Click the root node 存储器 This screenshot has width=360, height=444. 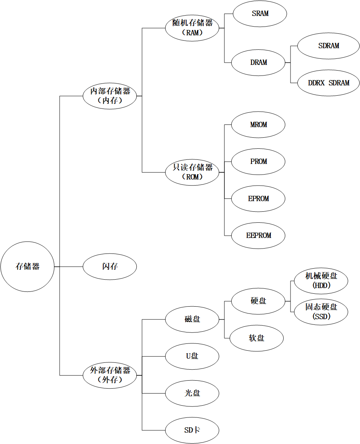27,266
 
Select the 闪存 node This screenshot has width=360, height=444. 110,266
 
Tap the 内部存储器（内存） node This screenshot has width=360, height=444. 110,96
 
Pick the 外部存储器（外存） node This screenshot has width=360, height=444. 110,375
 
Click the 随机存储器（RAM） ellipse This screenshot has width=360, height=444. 192,28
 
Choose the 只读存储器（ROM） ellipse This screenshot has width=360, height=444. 192,172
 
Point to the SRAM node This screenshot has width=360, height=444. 260,14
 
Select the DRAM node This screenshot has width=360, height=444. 258,62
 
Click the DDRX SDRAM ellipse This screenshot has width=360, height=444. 328,83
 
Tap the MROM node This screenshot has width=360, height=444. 258,124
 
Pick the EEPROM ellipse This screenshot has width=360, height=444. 258,235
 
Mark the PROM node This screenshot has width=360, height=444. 258,161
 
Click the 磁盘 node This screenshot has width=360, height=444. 192,319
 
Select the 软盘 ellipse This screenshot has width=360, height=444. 257,338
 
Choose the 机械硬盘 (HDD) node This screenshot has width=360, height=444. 321,281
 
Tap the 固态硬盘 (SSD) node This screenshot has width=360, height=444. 321,312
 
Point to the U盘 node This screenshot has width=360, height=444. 192,356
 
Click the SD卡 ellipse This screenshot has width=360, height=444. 192,430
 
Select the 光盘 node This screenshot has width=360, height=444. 192,393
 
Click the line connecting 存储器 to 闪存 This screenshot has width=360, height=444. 69,266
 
